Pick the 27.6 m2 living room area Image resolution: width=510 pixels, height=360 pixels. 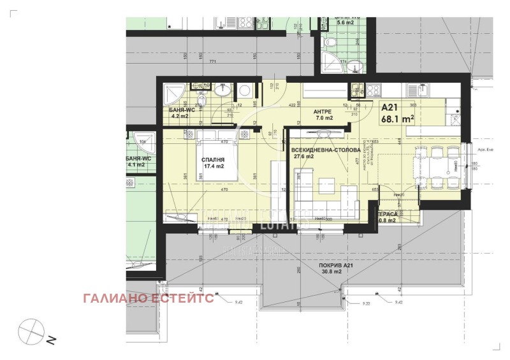point(303,156)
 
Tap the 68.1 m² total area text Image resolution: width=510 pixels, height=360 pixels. point(398,119)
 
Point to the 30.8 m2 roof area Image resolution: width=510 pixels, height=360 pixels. point(332,272)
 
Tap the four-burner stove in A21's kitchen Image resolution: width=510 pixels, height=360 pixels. point(373,89)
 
